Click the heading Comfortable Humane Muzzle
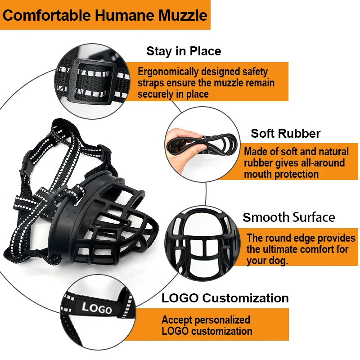pos(105,15)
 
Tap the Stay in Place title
pos(184,51)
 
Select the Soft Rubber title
pos(286,133)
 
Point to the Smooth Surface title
pos(289,217)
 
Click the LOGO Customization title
pos(225,298)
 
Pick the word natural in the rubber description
pos(333,152)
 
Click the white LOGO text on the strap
pos(97,308)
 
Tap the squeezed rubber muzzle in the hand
pos(214,142)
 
